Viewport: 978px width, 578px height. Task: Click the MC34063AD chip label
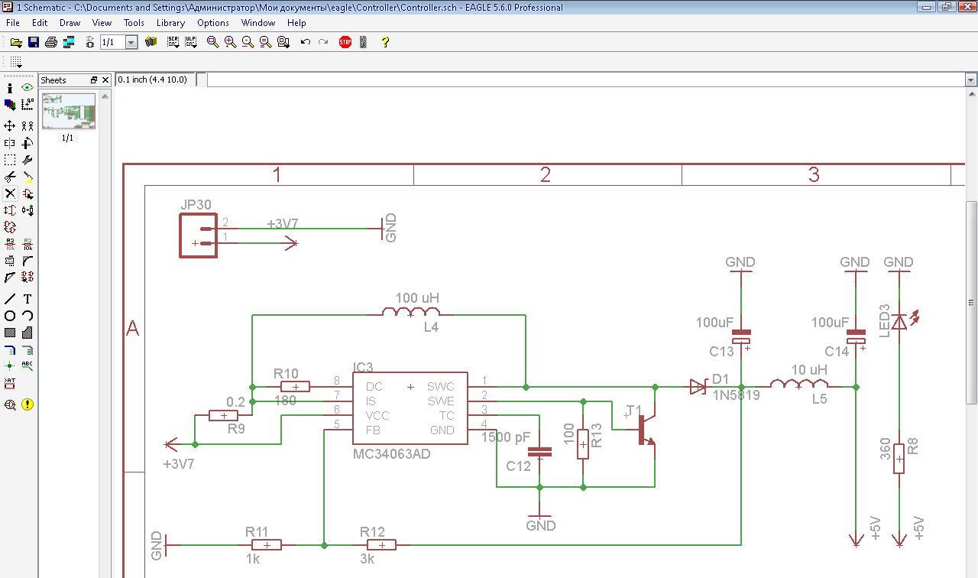click(391, 454)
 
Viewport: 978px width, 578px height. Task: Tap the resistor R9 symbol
click(223, 416)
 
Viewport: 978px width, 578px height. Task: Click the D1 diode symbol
click(698, 387)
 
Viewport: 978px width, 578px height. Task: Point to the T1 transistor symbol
click(646, 430)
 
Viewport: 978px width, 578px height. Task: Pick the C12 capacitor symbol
click(539, 452)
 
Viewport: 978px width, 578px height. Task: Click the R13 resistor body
click(583, 443)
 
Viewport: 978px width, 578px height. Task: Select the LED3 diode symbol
click(900, 321)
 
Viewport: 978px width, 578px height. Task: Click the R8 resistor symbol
click(899, 459)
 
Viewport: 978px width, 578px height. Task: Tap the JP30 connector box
click(199, 235)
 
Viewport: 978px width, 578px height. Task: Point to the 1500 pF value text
click(506, 438)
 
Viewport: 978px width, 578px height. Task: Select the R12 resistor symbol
click(381, 545)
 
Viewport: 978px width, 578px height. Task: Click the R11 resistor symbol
click(267, 545)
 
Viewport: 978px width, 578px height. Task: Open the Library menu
click(170, 23)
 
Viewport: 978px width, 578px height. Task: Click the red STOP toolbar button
click(345, 42)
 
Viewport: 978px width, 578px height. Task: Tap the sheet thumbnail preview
click(69, 112)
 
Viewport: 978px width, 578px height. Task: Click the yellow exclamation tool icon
click(28, 404)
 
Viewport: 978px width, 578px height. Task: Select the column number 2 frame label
click(546, 175)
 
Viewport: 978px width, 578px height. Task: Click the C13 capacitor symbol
click(741, 336)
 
